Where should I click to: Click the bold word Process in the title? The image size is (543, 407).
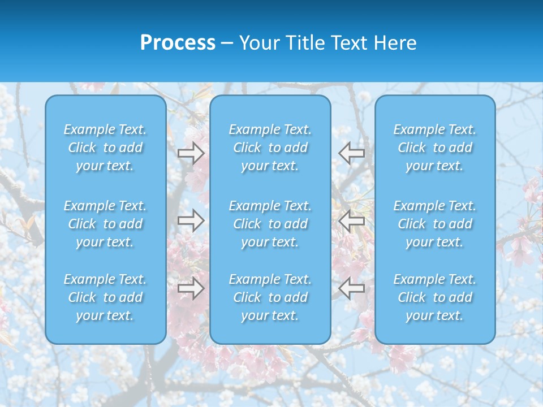178,43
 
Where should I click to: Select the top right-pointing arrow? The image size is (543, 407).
191,153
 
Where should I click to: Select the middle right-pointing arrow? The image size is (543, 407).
191,220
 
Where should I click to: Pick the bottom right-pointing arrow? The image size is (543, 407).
191,288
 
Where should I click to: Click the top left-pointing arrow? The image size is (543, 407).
352,153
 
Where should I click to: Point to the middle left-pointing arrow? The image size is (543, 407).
352,220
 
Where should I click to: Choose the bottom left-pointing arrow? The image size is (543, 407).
352,288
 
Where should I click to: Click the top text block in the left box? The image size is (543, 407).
105,148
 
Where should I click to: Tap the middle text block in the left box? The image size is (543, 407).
105,224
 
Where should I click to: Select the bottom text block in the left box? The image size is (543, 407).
105,297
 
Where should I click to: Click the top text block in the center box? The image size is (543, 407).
270,148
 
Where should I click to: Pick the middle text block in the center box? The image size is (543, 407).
270,224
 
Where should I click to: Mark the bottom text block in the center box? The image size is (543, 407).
270,297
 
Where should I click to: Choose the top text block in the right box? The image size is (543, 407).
435,148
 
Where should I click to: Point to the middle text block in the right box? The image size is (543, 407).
435,224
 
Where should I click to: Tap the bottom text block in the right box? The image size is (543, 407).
435,297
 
